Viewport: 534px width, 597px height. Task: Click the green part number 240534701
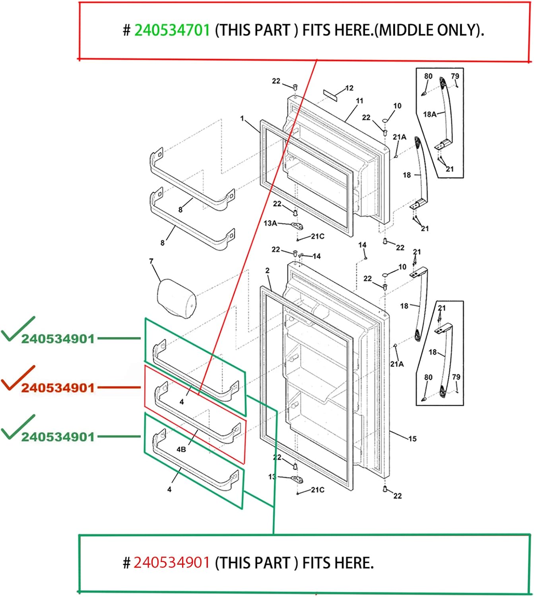(172, 30)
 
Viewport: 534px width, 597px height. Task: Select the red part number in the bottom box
(171, 563)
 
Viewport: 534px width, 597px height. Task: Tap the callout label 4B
(181, 449)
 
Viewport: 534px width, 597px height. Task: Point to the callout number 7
(151, 261)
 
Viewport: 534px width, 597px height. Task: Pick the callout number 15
(412, 439)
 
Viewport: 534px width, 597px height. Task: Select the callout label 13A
(270, 223)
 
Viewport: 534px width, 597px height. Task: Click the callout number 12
(349, 88)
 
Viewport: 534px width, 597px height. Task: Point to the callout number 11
(359, 101)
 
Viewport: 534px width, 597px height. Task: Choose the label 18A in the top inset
(429, 114)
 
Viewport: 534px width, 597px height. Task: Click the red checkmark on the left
(18, 378)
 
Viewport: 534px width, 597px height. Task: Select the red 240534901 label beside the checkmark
(58, 388)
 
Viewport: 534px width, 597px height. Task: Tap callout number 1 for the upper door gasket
(242, 118)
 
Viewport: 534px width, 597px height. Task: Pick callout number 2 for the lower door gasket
(267, 271)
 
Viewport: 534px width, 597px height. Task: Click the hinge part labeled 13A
(297, 226)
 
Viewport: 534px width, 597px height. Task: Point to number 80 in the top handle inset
(428, 76)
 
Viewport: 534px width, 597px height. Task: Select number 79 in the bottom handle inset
(456, 377)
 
